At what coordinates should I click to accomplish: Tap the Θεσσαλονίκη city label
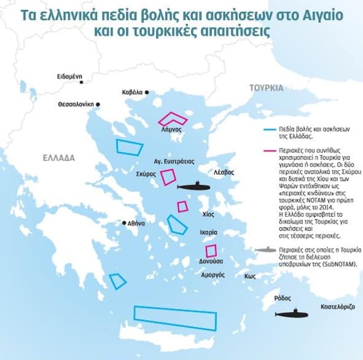click(x=76, y=104)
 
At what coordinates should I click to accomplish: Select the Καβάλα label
click(x=133, y=92)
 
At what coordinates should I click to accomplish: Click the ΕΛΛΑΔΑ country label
click(x=59, y=158)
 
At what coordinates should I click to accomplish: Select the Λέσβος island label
click(x=224, y=173)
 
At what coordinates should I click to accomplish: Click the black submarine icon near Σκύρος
click(x=193, y=186)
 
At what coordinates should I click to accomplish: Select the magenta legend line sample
click(x=268, y=150)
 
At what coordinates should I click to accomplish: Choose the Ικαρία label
click(x=208, y=233)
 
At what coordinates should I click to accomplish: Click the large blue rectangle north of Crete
click(x=175, y=317)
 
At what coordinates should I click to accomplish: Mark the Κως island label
click(x=249, y=276)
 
